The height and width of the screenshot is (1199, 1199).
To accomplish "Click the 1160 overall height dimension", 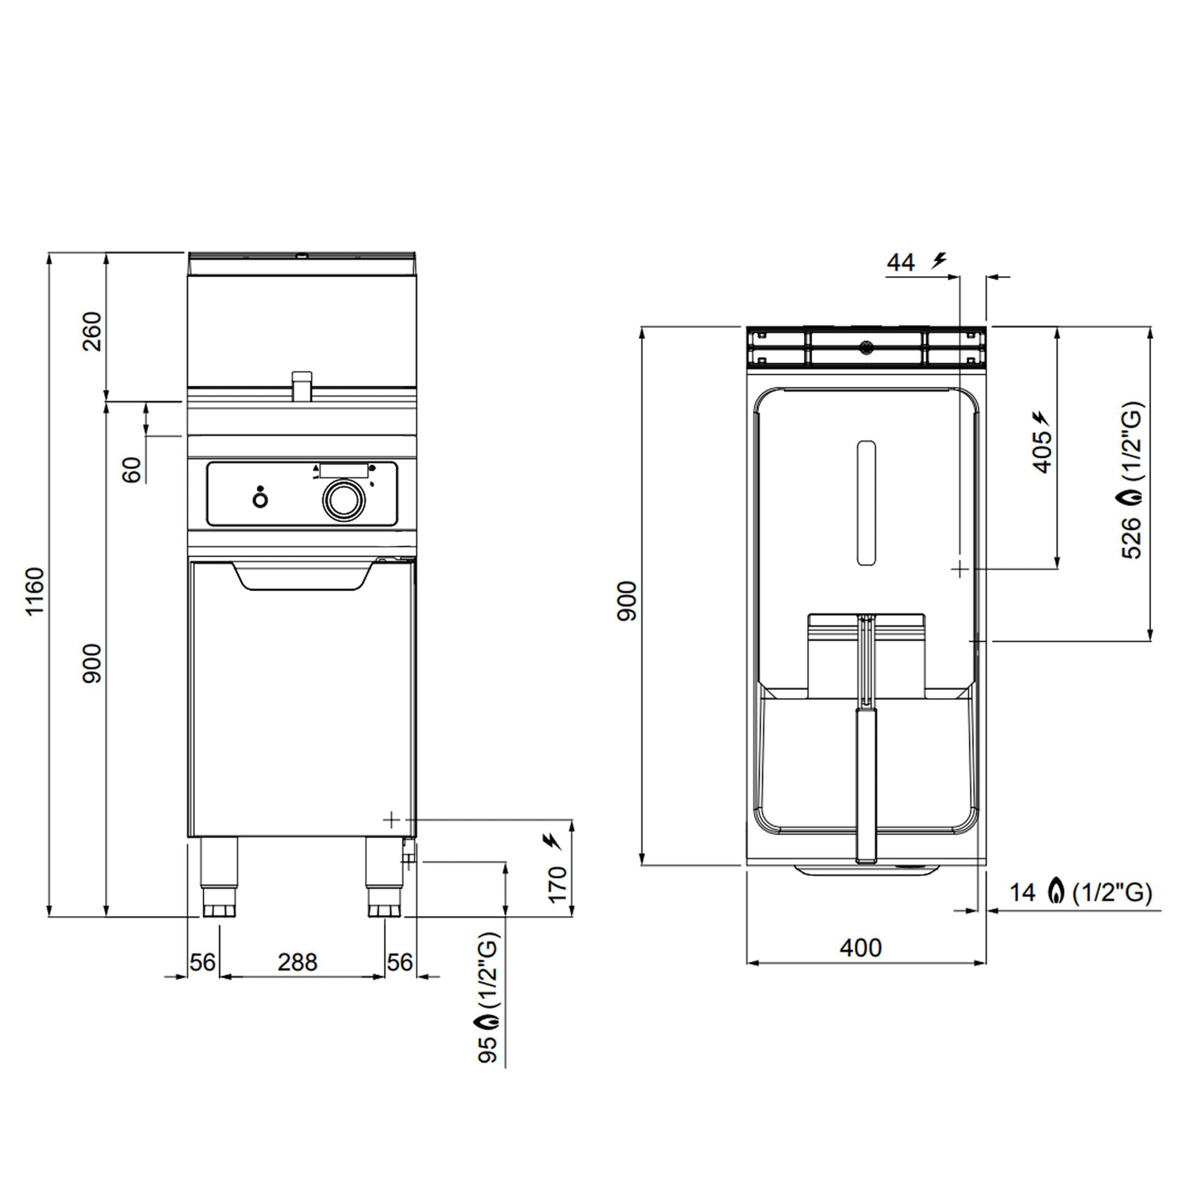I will click(35, 591).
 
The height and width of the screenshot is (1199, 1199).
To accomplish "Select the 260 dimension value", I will click(92, 331).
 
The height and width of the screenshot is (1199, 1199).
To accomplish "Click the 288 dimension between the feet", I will click(297, 962).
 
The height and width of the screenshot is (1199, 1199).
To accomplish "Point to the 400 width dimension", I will click(861, 948).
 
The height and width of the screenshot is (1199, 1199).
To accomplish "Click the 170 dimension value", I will click(558, 884).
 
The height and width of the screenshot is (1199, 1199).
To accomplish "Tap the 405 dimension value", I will click(1043, 451).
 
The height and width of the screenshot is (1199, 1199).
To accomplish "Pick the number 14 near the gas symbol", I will click(1022, 893).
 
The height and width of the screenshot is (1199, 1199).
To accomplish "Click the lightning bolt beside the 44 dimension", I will click(940, 261).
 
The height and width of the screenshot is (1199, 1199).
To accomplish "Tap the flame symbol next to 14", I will click(1054, 892).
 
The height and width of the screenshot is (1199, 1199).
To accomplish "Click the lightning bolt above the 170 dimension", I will click(552, 842).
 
